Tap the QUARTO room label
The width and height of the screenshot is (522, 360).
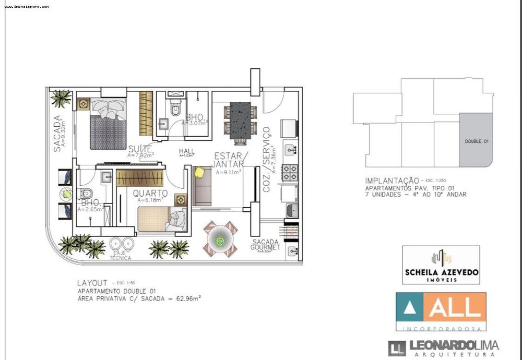coord(150,193)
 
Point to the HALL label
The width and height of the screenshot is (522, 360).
coord(186,151)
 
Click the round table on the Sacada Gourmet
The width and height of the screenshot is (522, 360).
coord(220,240)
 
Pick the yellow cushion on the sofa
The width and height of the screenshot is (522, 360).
coord(199,172)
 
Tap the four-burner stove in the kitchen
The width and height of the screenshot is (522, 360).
coord(290,172)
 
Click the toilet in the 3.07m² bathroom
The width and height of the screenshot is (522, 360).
coord(175,109)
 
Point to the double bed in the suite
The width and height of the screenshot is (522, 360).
coord(108,124)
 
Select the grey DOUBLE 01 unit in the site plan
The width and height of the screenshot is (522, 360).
coord(476,140)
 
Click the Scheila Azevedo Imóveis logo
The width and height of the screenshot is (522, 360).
coord(441,265)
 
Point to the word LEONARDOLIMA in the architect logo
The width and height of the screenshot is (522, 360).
coord(453,345)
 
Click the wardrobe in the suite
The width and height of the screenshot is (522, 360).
coord(146,114)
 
